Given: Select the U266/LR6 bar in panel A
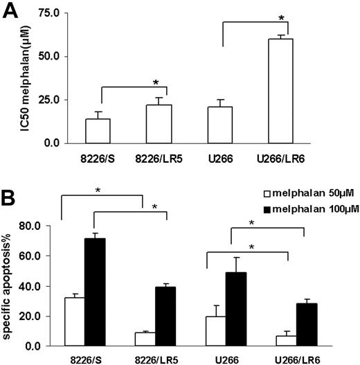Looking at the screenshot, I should tap(286, 91).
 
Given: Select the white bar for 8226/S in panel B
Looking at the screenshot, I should tap(74, 321).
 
